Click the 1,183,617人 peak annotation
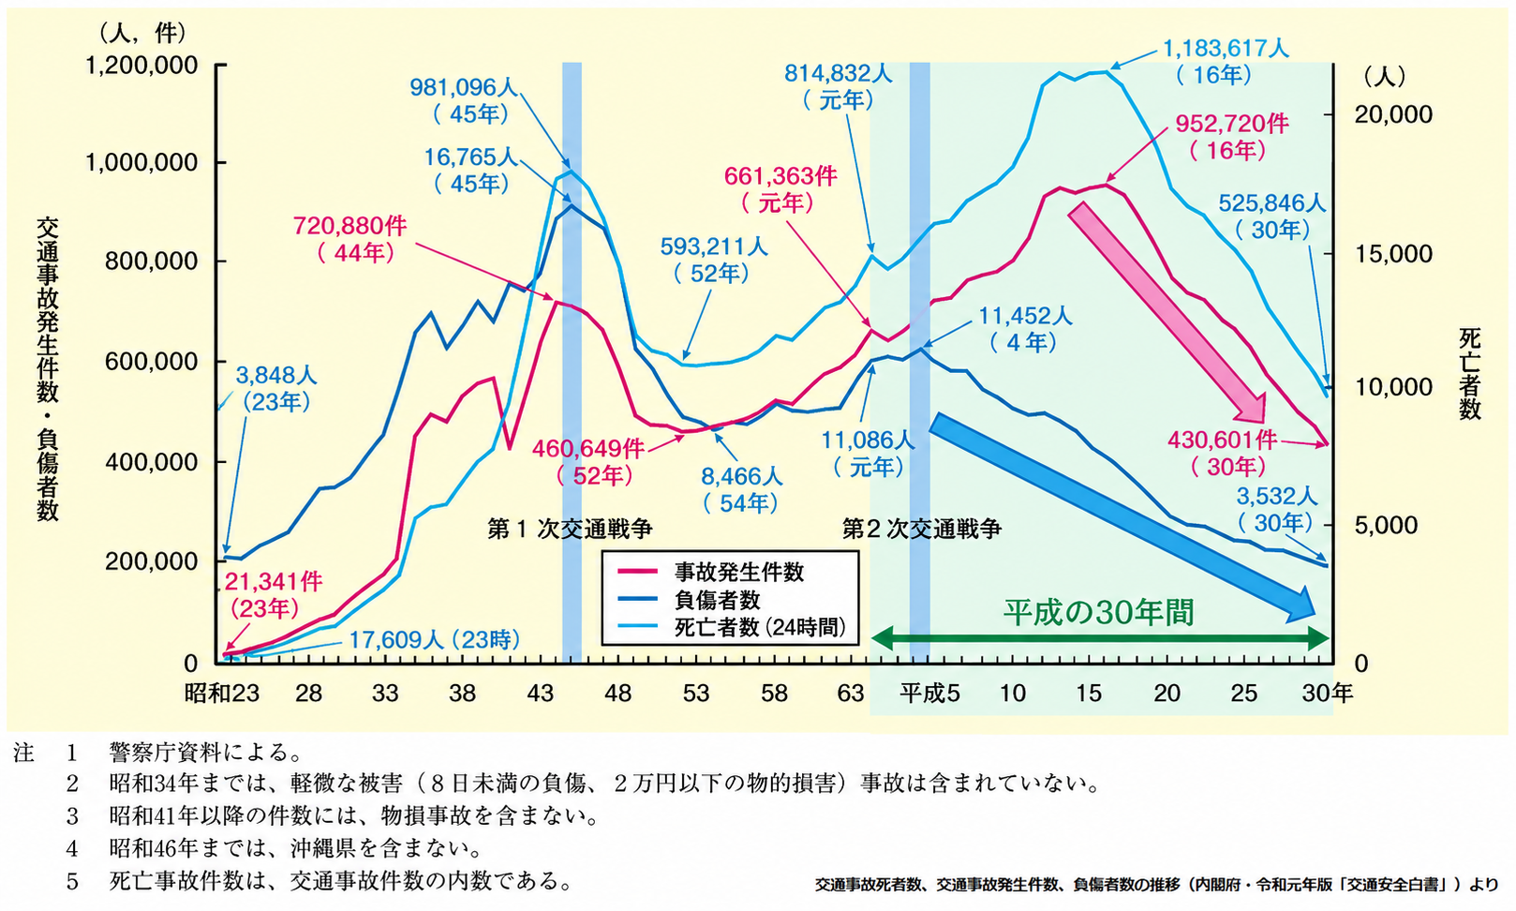pyautogui.click(x=1226, y=62)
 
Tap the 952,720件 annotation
pyautogui.click(x=1232, y=137)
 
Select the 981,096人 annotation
pyautogui.click(x=465, y=100)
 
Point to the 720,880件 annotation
pyautogui.click(x=349, y=238)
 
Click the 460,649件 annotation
pyautogui.click(x=588, y=461)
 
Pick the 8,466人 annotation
pyautogui.click(x=741, y=489)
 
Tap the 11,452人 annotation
pyautogui.click(x=1025, y=328)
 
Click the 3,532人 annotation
pyautogui.click(x=1277, y=509)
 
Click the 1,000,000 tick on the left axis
pyautogui.click(x=141, y=162)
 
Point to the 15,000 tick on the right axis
pyautogui.click(x=1393, y=254)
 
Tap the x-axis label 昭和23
pyautogui.click(x=222, y=693)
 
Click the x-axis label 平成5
pyautogui.click(x=929, y=693)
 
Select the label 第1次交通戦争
pyautogui.click(x=570, y=529)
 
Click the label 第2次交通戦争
pyautogui.click(x=922, y=529)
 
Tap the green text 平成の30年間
pyautogui.click(x=1098, y=613)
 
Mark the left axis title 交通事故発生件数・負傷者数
pyautogui.click(x=48, y=369)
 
